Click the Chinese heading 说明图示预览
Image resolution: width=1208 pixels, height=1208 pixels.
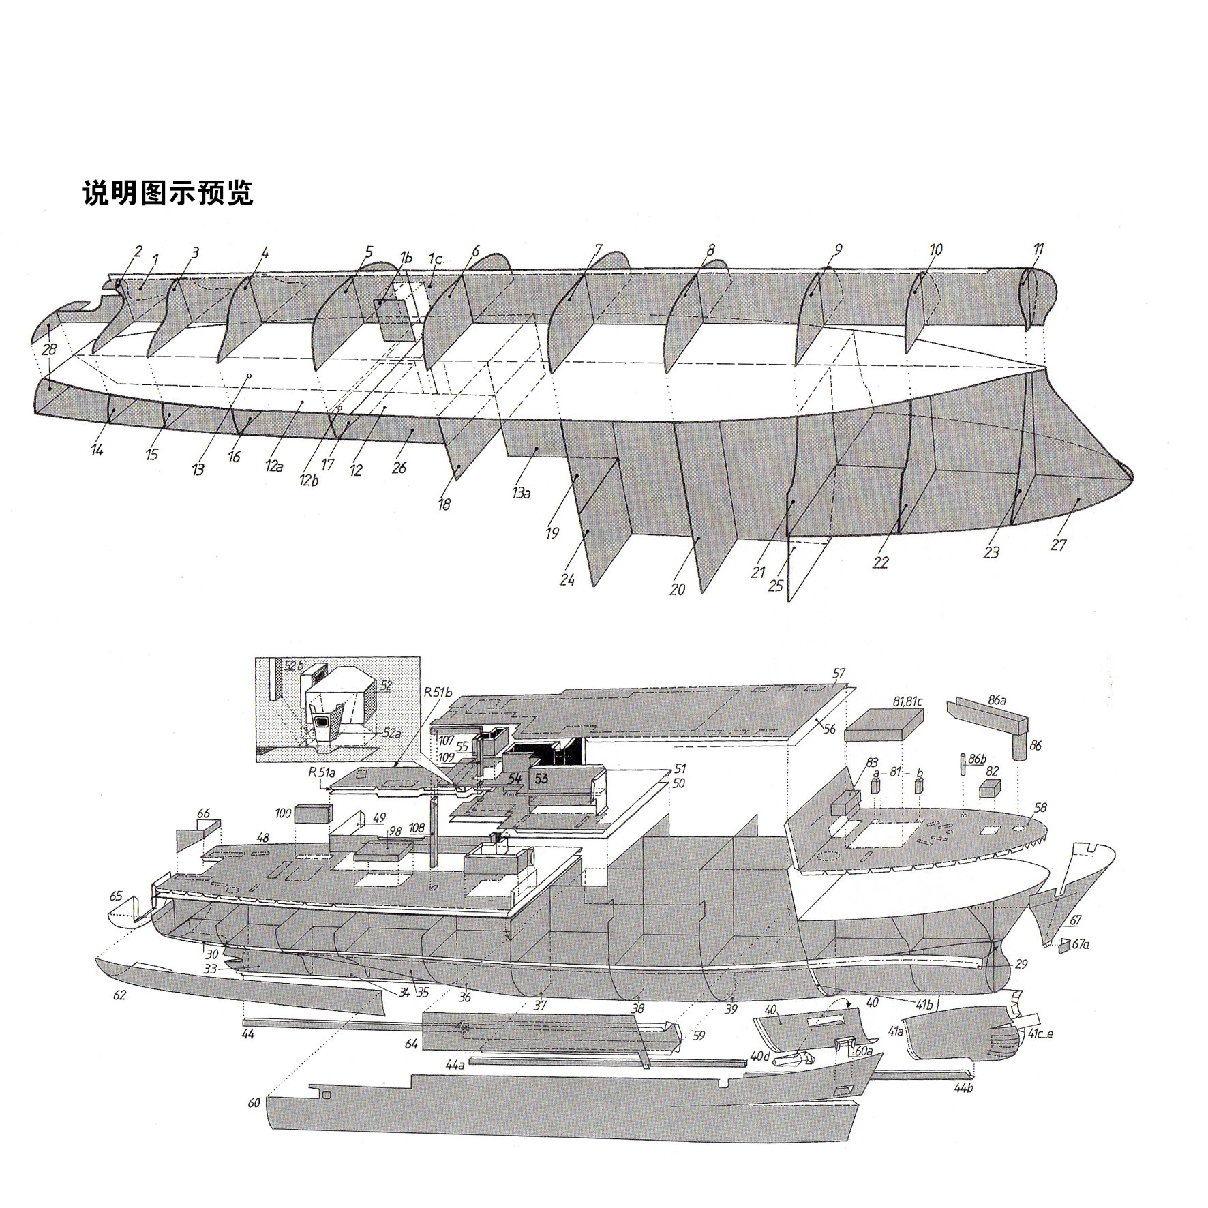pos(168,193)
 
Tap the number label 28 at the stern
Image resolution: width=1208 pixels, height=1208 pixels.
pos(48,350)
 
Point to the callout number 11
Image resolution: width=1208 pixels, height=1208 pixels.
pos(1038,250)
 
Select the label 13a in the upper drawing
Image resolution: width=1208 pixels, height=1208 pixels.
pos(521,492)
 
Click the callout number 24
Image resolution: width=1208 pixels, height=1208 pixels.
pos(567,579)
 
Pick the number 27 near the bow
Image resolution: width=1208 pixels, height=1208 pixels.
pos(1057,544)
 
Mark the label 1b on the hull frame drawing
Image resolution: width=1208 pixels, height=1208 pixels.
pos(406,258)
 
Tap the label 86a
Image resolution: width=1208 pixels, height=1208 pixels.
pos(997,699)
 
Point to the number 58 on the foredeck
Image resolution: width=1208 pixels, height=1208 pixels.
pos(1039,808)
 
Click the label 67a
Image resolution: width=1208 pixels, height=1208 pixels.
pos(1081,944)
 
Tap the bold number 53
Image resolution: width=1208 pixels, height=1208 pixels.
pos(541,779)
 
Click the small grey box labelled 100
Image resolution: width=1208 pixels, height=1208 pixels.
pos(314,815)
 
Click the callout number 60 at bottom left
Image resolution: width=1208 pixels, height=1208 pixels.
pos(254,1102)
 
